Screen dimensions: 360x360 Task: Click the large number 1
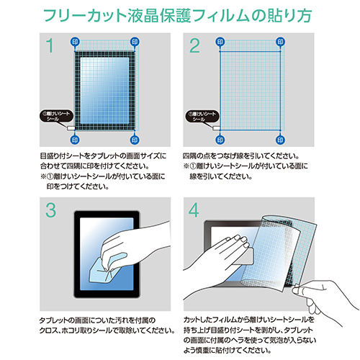49,48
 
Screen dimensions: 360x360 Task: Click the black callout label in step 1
55,116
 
